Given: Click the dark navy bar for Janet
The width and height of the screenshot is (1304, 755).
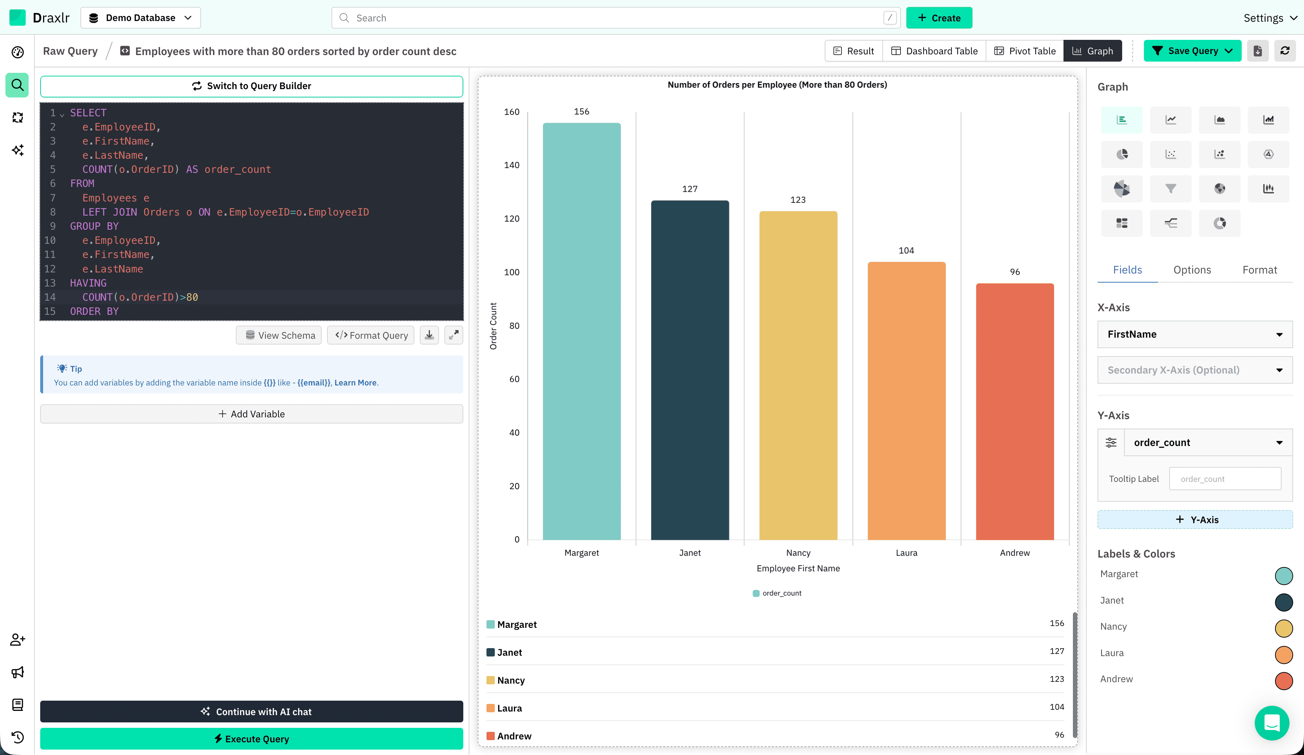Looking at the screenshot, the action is tap(690, 370).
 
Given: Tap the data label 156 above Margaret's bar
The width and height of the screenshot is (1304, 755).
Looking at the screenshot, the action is tap(582, 112).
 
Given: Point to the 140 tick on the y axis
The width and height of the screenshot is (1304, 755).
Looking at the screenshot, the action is tap(512, 165).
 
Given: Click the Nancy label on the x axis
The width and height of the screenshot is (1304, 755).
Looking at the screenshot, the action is tap(798, 553).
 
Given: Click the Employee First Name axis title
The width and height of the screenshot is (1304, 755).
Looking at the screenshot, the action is tap(798, 568).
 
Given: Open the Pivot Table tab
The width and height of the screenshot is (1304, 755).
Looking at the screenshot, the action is tap(1025, 51).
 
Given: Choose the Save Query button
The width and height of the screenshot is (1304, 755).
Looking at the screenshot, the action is tap(1192, 51).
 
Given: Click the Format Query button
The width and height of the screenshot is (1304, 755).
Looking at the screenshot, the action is tap(371, 335).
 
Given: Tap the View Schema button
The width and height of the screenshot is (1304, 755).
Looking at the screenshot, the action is tap(279, 335).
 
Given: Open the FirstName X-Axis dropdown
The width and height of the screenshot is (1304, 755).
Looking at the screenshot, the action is tap(1195, 334).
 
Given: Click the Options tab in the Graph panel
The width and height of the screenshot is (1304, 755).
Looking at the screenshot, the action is tap(1192, 270).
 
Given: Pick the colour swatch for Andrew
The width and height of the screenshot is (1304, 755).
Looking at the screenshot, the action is tap(1284, 680).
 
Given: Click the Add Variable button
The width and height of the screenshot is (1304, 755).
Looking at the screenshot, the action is tap(251, 414).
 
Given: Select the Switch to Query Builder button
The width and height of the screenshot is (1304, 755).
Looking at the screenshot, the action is tap(251, 86).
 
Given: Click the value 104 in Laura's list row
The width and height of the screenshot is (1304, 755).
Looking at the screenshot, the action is tap(1057, 707).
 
